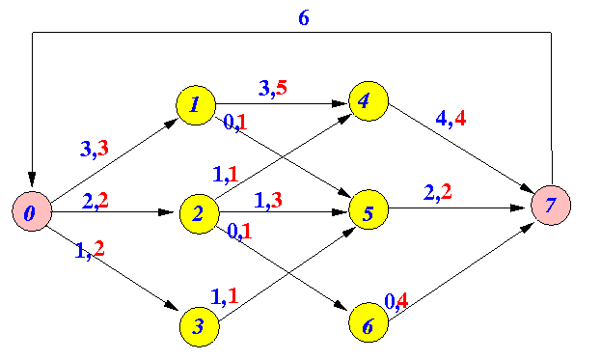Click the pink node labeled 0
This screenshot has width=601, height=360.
(x=32, y=211)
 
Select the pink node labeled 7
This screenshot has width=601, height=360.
(x=551, y=206)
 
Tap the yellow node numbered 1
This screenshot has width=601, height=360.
(x=196, y=105)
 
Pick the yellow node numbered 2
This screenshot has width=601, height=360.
(x=200, y=213)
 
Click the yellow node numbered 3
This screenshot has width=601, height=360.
(x=200, y=326)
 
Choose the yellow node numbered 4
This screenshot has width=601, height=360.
(x=369, y=101)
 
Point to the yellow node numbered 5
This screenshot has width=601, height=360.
(x=369, y=209)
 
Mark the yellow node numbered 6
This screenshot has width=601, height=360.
(x=369, y=322)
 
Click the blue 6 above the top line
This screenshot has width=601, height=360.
(x=304, y=17)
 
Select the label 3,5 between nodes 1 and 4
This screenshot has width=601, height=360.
(x=272, y=88)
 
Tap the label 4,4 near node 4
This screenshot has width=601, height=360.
(x=451, y=119)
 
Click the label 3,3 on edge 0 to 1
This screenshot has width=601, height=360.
(x=95, y=149)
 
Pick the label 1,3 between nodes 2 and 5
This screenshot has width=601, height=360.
(x=268, y=200)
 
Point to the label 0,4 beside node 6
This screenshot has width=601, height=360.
(x=396, y=301)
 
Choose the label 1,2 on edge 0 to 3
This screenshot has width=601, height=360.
(x=90, y=249)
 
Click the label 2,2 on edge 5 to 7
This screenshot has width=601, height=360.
(x=437, y=192)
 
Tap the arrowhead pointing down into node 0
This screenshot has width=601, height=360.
(x=32, y=180)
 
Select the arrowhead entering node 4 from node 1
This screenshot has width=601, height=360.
(x=340, y=103)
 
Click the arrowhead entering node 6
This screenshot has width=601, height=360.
(x=341, y=305)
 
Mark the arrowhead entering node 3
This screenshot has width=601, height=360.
(x=172, y=305)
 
